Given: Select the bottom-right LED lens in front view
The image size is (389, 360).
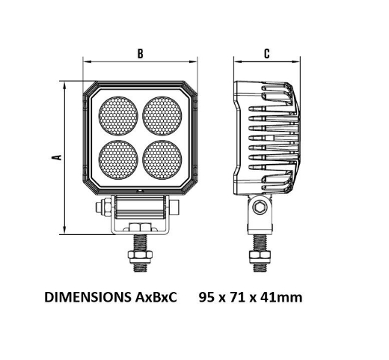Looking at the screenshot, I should (162, 158).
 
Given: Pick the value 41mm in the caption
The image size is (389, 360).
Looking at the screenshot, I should (280, 298).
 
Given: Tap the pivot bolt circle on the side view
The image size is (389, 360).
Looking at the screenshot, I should (259, 207).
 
